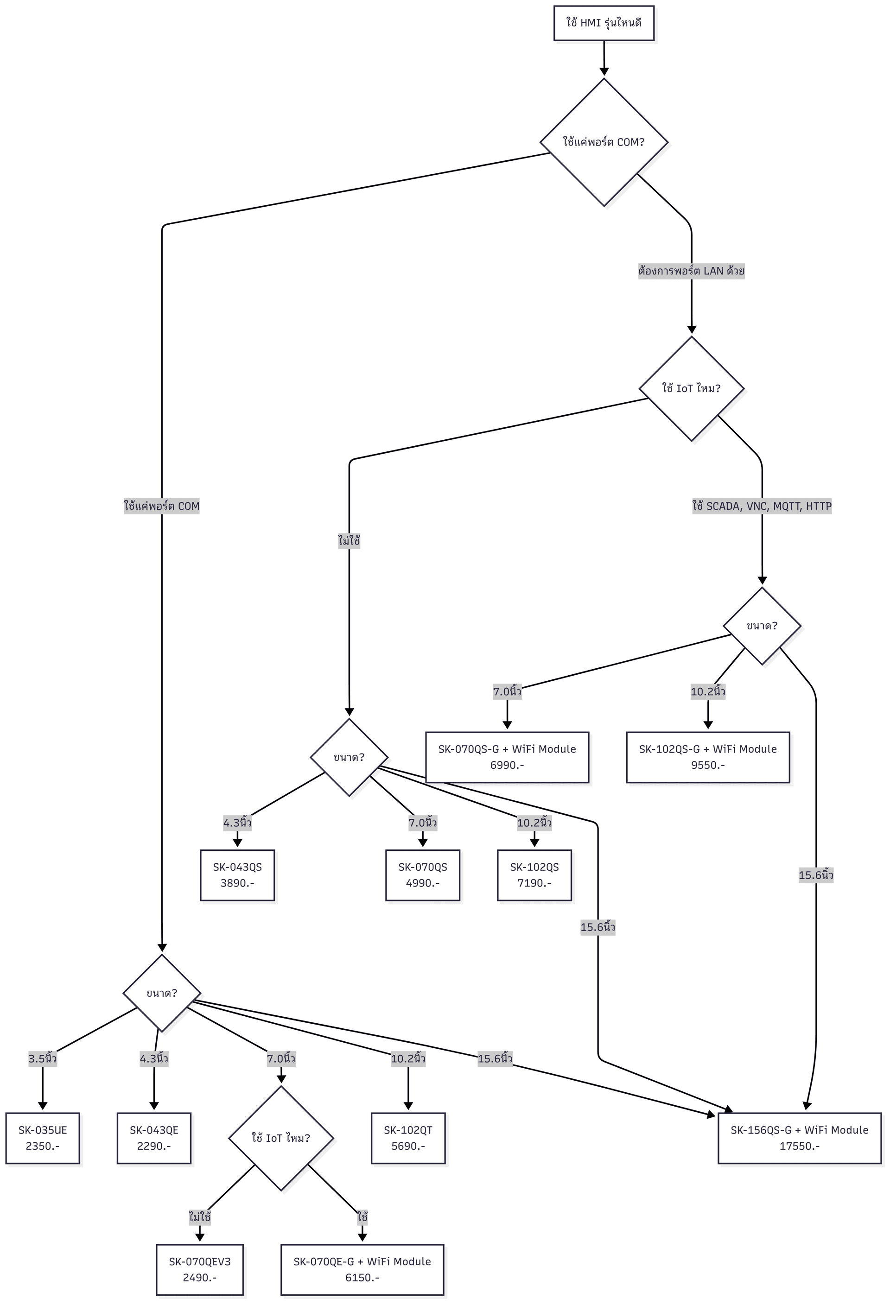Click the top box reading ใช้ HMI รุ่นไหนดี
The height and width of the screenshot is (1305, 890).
tap(604, 23)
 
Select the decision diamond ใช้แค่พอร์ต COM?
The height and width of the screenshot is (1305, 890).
tap(604, 142)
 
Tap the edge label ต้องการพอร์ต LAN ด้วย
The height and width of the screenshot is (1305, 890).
tap(691, 271)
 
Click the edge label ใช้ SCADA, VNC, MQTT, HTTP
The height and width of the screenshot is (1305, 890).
tap(762, 506)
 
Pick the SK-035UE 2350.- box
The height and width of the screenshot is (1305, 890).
tap(43, 1138)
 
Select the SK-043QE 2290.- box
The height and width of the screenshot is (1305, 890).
tap(154, 1138)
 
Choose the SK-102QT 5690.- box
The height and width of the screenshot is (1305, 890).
tap(408, 1138)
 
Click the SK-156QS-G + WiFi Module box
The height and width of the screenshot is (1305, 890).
tap(799, 1138)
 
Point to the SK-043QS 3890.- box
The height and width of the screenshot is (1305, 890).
tap(237, 875)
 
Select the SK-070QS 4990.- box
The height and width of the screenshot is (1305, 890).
tap(423, 875)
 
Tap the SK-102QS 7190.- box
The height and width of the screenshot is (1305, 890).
tap(534, 875)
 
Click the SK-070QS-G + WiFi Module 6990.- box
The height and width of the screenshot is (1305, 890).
tap(507, 756)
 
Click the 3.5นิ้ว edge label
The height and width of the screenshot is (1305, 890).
tap(43, 1058)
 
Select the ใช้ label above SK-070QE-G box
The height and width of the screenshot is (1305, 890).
tap(362, 1217)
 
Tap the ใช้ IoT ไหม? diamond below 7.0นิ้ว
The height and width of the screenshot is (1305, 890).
tap(281, 1138)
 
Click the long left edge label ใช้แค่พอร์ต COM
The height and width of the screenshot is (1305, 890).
tap(162, 506)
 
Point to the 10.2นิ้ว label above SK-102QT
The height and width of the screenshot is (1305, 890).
tap(408, 1058)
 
